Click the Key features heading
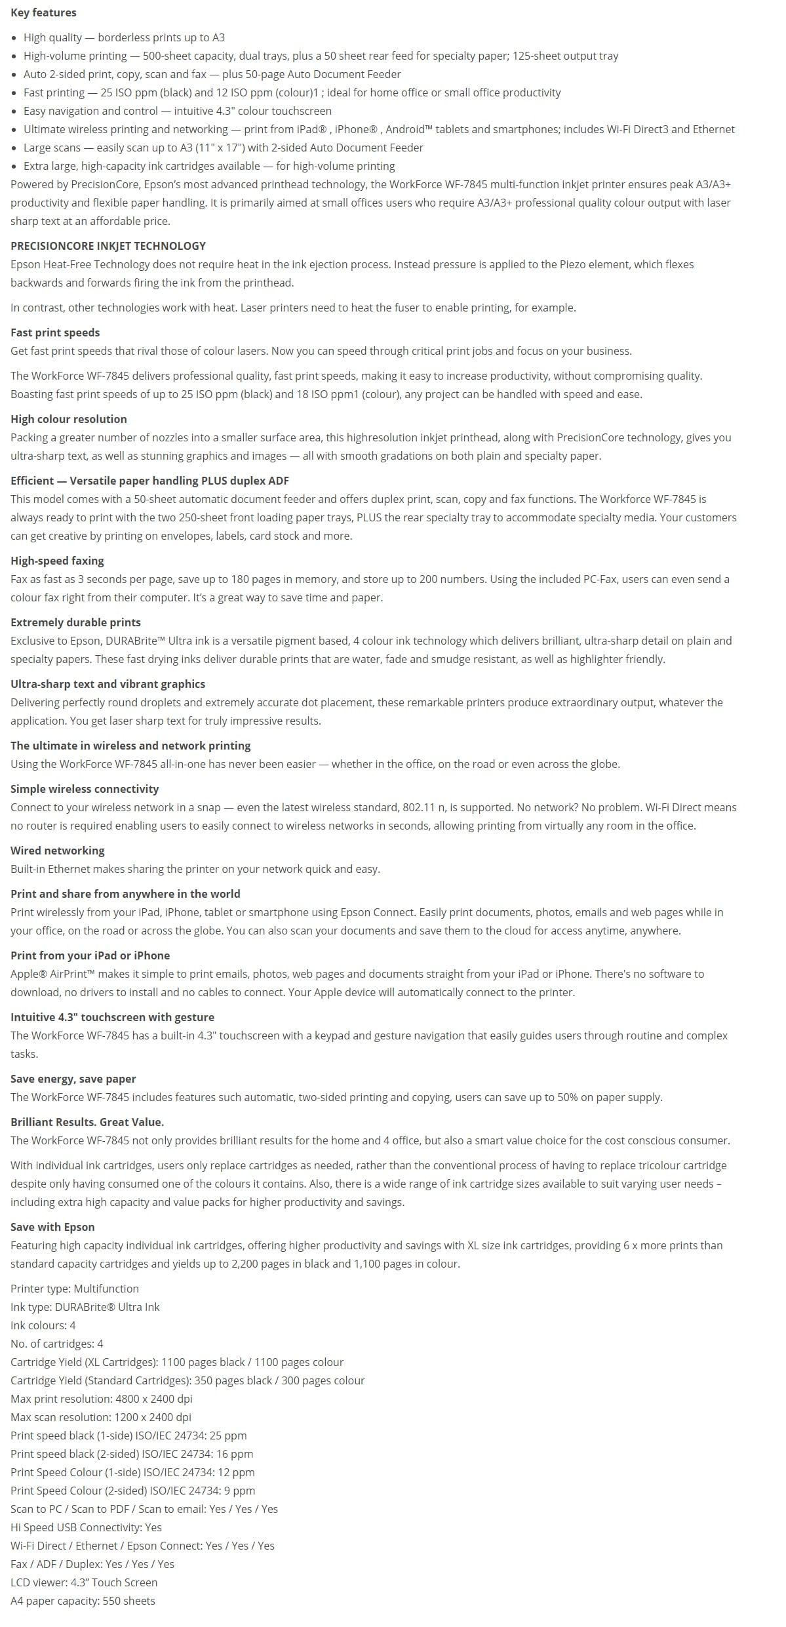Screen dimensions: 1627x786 coord(43,12)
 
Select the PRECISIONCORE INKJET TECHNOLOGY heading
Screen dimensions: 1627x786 coord(108,246)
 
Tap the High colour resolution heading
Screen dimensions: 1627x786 coord(69,419)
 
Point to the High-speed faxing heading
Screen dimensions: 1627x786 coord(57,561)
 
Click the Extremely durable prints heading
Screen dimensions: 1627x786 coord(75,622)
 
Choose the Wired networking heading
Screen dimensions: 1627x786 coord(58,851)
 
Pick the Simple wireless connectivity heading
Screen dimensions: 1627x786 coord(85,789)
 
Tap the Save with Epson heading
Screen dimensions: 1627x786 coord(52,1227)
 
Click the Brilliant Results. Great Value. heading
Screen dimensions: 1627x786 coord(87,1122)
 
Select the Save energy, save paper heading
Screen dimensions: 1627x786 coord(73,1079)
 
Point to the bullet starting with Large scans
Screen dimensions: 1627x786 coord(223,148)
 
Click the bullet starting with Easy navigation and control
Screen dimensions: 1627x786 coord(177,111)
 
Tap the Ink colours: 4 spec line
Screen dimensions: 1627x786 coord(43,1325)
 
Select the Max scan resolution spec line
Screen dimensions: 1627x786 coord(101,1417)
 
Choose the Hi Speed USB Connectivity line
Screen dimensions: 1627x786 coord(86,1527)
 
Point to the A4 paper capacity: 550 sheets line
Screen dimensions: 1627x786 coord(83,1601)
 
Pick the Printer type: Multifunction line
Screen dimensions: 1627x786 coord(75,1289)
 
